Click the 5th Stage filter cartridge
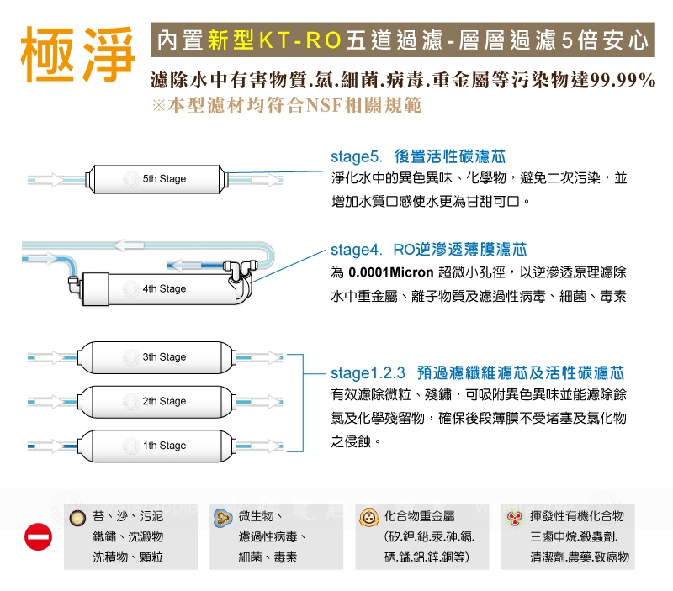point(159,179)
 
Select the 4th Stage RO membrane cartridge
point(159,288)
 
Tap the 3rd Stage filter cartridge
point(159,357)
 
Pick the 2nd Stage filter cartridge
point(159,401)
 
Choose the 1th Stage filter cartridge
point(159,446)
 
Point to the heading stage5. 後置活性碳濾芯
point(418,157)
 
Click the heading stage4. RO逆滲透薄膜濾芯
point(429,250)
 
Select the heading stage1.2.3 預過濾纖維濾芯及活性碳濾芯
point(477,372)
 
